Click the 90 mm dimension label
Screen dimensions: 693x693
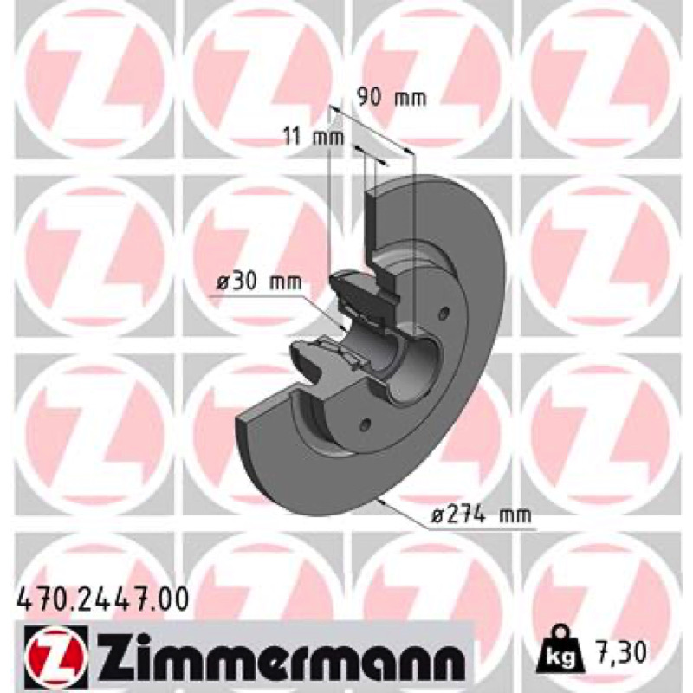click(x=392, y=97)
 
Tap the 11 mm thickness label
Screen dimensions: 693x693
click(x=314, y=137)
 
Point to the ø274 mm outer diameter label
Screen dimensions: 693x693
click(x=481, y=515)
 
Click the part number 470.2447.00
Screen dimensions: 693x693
click(x=102, y=599)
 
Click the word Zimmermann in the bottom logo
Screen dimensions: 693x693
click(x=279, y=654)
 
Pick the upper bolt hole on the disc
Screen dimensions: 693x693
click(x=444, y=313)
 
